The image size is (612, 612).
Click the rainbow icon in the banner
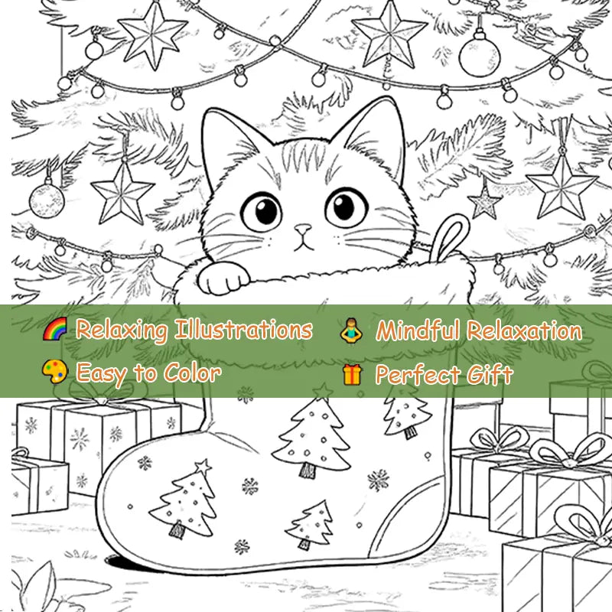[x=55, y=330]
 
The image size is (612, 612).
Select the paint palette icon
[x=55, y=373]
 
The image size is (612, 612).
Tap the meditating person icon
[x=351, y=330]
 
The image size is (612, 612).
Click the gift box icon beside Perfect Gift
[x=352, y=374]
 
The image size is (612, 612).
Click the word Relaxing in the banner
[x=121, y=330]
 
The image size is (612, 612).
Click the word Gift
[x=489, y=375]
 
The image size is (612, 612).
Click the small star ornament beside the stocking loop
[x=483, y=201]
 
